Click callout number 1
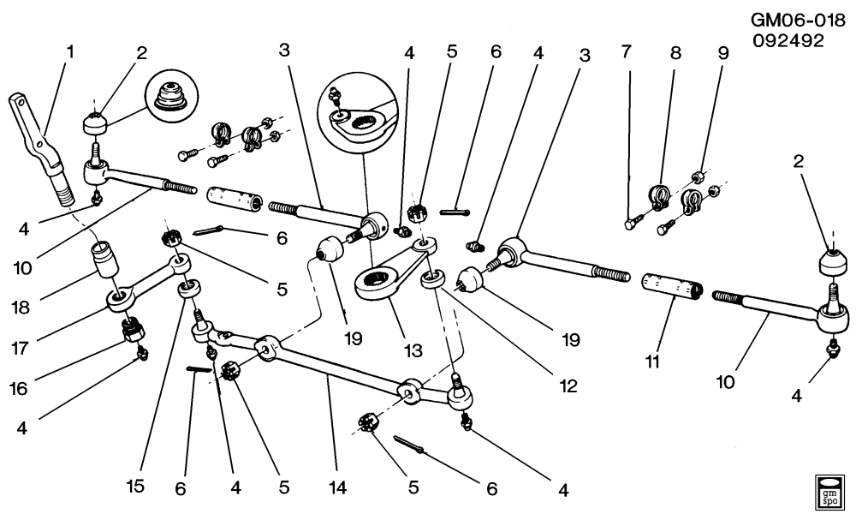click(70, 51)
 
